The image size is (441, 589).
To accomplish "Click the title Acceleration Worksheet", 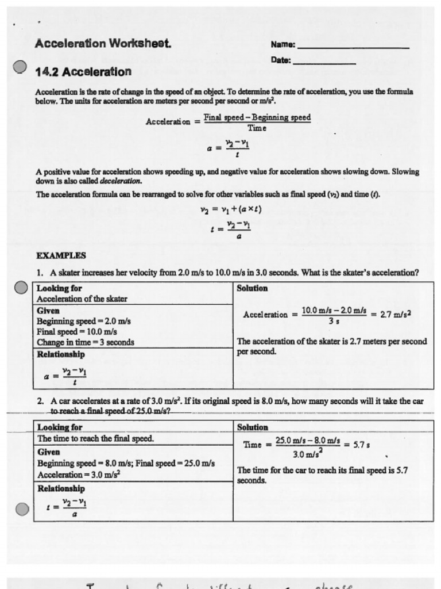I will coord(103,43).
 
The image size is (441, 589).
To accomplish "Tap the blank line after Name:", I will coord(353,46).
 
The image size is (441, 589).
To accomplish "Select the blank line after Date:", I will coord(324,62).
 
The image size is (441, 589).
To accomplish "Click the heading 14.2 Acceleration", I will coord(83,72).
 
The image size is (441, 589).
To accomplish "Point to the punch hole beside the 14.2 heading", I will coord(20,67).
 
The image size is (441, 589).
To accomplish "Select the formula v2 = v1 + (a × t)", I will coord(231,209).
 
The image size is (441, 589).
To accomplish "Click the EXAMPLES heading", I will coord(61,255).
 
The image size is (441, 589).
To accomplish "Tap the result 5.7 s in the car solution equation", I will coord(360,445).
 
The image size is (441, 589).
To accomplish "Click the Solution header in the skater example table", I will coord(252,288).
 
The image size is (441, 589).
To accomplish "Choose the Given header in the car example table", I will coord(49,452).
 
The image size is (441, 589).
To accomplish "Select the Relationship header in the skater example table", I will coord(61,354).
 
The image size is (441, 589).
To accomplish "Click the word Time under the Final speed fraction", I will coord(257,128).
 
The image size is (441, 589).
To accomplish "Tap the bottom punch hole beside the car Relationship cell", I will coord(22,509).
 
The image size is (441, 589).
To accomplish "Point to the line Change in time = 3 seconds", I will coord(86,342).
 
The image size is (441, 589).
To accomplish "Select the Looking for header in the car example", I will coord(60,427).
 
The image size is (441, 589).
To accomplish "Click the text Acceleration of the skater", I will coord(82,299).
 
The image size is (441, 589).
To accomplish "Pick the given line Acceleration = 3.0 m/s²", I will coord(79,475).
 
